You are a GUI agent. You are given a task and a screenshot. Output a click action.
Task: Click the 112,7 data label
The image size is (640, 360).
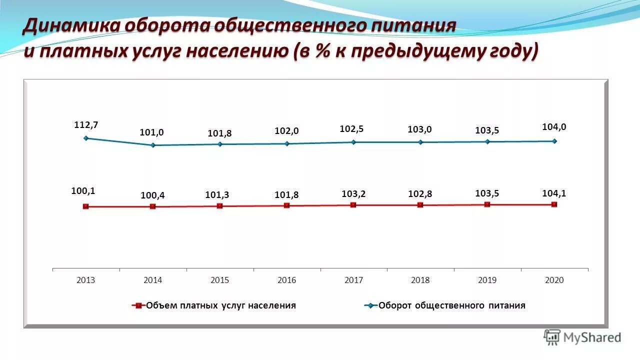coord(86,125)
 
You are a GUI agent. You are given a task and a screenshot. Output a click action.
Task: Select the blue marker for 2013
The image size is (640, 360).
coord(86,138)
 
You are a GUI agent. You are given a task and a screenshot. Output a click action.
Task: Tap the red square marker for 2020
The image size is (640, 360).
coord(554,204)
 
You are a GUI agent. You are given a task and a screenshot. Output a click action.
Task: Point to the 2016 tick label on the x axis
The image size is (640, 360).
coord(286,280)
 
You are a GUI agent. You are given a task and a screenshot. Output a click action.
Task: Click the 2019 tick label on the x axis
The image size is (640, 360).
coord(487,280)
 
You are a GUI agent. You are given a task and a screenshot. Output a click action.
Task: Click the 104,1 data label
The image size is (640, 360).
coord(554,193)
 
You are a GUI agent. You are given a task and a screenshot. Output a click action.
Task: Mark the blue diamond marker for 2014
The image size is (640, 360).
coord(153,145)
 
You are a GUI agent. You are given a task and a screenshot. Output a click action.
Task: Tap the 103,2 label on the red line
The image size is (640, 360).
coord(353,193)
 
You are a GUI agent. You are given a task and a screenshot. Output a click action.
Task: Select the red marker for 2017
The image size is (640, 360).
coord(353,205)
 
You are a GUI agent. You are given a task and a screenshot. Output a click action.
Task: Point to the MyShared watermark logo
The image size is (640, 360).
coord(582,337)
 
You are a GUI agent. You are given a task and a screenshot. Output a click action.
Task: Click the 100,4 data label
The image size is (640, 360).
coord(152,195)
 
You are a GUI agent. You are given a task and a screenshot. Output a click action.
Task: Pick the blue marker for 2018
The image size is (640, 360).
coord(420,142)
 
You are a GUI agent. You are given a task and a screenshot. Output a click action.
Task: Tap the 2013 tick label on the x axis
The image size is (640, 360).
coord(86,280)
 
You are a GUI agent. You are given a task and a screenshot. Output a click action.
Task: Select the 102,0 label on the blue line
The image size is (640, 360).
coord(286,131)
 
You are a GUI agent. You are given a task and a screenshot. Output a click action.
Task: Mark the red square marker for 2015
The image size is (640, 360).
coord(219,206)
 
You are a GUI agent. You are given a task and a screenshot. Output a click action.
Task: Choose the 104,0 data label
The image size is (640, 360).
coord(554,127)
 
